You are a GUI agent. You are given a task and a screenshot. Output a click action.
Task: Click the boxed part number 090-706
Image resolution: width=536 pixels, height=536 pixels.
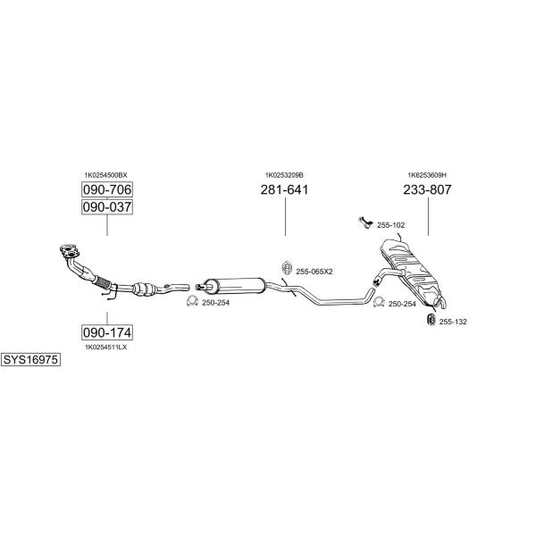click(x=107, y=189)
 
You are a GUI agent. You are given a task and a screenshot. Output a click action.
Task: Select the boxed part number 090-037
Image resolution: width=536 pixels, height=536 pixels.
click(x=107, y=207)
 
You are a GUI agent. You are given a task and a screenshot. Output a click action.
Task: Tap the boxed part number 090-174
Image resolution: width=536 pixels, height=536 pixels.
click(x=107, y=332)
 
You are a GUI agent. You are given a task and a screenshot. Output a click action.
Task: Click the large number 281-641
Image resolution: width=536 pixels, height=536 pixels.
click(x=284, y=189)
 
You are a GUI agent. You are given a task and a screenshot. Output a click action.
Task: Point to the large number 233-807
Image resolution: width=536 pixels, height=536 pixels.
click(x=427, y=189)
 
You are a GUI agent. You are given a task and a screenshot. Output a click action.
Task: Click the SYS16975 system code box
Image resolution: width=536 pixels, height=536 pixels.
click(x=30, y=360)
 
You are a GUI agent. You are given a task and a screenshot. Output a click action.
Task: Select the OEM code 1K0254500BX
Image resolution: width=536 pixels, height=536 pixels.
click(x=105, y=175)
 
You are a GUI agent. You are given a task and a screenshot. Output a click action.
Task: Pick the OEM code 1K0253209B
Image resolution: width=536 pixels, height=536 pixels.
click(x=284, y=175)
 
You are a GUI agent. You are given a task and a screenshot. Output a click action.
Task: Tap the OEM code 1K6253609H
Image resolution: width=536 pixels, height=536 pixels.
click(x=427, y=175)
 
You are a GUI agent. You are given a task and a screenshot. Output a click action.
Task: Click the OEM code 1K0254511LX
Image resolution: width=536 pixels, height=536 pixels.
click(x=105, y=347)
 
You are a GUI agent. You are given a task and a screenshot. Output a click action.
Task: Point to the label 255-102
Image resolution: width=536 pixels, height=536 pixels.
click(x=390, y=225)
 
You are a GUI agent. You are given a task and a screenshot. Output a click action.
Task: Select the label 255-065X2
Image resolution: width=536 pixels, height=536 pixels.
click(x=314, y=272)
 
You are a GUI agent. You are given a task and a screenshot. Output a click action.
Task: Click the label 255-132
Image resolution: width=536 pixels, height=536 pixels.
click(x=453, y=322)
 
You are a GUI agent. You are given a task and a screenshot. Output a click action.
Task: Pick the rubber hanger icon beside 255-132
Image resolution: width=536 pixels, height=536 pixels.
click(x=431, y=319)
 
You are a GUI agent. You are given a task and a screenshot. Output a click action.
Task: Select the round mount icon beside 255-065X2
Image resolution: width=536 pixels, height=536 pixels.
click(x=287, y=268)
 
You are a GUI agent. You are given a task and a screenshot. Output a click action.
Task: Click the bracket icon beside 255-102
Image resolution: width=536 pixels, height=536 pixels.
click(x=365, y=222)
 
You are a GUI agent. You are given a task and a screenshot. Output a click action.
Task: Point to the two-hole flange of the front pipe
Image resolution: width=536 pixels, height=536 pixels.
click(x=70, y=250)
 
